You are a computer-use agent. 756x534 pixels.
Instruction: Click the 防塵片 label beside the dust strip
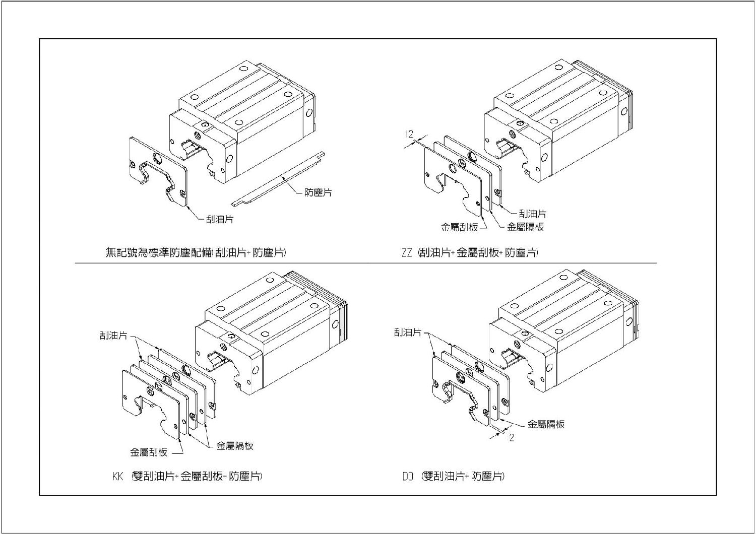click(x=318, y=192)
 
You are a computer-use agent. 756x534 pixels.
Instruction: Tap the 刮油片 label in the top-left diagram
click(x=220, y=220)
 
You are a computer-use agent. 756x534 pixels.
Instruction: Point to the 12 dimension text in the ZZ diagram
click(x=409, y=134)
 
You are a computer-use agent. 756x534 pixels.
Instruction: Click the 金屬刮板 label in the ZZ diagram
click(x=459, y=227)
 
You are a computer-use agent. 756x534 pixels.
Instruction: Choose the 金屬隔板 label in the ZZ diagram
click(x=525, y=227)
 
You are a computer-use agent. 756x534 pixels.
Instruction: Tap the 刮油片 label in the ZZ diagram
click(x=533, y=214)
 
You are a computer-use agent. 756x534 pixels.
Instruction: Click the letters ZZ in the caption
click(x=407, y=253)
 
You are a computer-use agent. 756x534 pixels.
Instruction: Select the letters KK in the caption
click(x=117, y=476)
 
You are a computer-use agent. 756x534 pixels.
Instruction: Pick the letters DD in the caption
click(x=408, y=476)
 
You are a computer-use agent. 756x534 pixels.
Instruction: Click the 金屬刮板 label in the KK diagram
click(x=149, y=452)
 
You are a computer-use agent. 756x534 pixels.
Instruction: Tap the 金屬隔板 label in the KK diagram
click(x=234, y=446)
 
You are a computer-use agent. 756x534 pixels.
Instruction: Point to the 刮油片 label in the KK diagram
click(x=113, y=336)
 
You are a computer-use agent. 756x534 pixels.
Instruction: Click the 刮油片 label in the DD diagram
click(x=408, y=332)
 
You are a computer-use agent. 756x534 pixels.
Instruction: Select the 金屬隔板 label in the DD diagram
click(x=546, y=424)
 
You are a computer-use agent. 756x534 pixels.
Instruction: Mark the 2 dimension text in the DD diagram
click(x=512, y=438)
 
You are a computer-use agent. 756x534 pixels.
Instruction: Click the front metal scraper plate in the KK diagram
click(x=151, y=403)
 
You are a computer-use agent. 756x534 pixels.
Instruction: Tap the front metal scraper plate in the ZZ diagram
click(x=451, y=181)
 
